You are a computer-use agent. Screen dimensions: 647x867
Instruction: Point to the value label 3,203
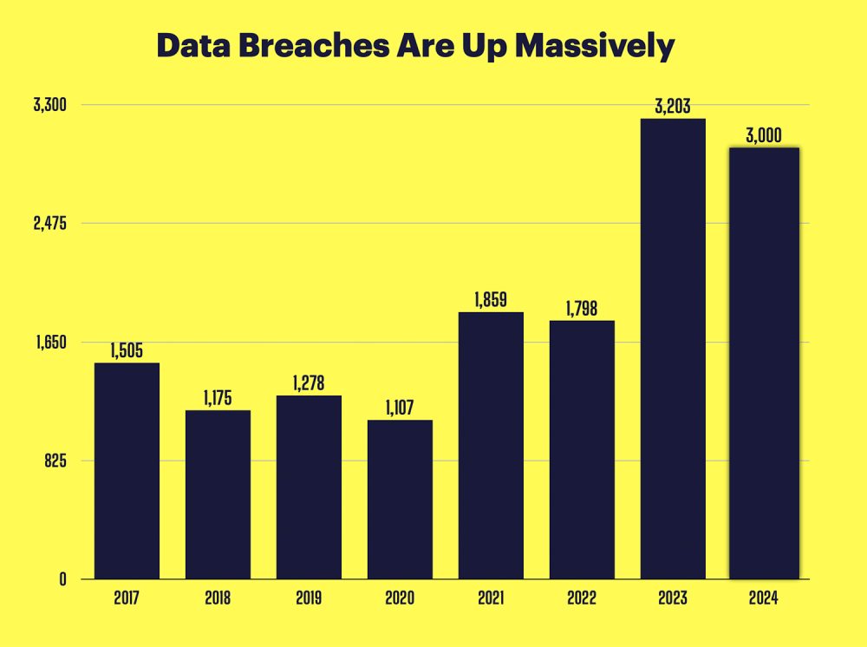(x=673, y=108)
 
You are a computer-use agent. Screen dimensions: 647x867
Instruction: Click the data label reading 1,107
(x=400, y=408)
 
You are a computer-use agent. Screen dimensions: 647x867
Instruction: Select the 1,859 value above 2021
(x=491, y=300)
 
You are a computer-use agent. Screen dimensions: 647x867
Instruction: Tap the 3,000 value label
(x=764, y=135)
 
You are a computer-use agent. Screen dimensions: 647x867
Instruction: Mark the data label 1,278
(x=309, y=383)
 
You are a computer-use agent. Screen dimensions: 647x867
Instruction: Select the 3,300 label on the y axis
(x=50, y=105)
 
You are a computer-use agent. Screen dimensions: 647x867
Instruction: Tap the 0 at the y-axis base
(x=63, y=579)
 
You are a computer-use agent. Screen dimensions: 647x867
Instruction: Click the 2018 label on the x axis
(x=218, y=598)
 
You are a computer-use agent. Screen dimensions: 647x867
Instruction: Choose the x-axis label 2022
(x=582, y=598)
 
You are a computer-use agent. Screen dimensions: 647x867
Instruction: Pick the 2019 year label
(x=309, y=598)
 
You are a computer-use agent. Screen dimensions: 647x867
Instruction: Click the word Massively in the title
(x=595, y=45)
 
